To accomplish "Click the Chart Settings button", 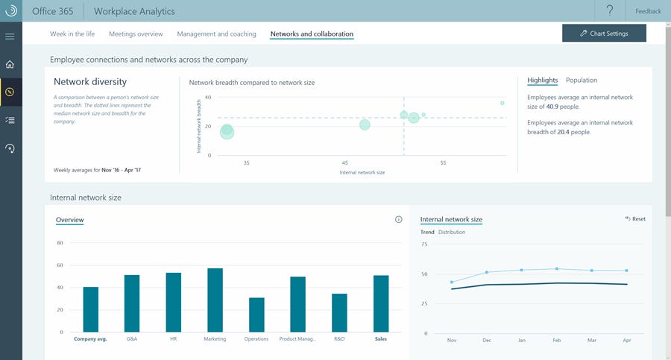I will tap(604, 34).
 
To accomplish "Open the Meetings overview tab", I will tap(136, 34).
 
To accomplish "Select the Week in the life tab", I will tap(72, 34).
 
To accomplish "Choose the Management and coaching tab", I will tap(216, 34).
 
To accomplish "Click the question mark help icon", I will tap(610, 10).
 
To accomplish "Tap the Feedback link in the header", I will tap(648, 11).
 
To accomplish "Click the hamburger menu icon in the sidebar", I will tap(10, 36).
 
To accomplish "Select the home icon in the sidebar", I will tap(10, 64).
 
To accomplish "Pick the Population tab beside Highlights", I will tap(582, 80).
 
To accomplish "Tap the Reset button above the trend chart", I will tap(635, 219).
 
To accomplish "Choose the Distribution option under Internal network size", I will tap(452, 232).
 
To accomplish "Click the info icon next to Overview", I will tap(398, 219).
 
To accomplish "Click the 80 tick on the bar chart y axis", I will tap(60, 243).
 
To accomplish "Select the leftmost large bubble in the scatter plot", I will tap(227, 131).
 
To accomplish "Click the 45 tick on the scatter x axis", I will tap(345, 162).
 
